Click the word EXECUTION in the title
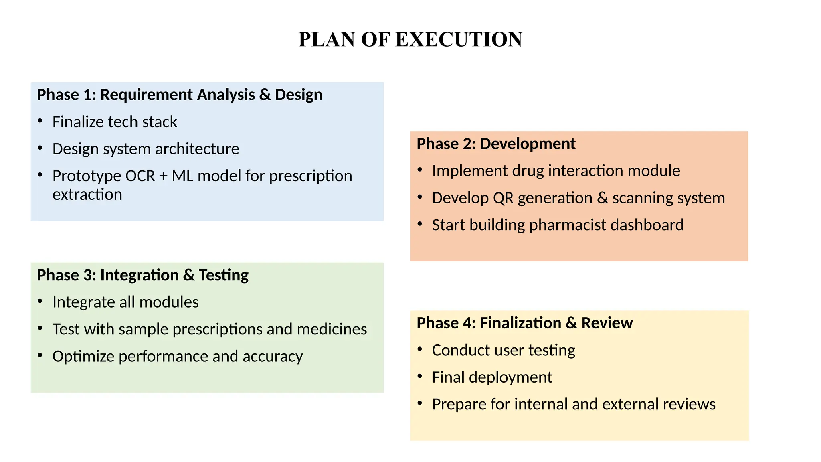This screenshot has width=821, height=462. (x=459, y=40)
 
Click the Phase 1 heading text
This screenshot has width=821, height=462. (x=179, y=95)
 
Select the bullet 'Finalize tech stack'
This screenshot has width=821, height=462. (x=115, y=122)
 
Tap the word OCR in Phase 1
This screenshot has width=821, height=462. (x=140, y=176)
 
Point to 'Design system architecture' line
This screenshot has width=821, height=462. (x=146, y=149)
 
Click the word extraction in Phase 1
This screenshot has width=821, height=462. (x=87, y=195)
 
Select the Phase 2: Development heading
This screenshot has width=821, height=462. (x=496, y=144)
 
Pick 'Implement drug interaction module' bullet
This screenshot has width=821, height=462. (x=556, y=171)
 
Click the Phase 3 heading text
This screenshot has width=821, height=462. (x=143, y=276)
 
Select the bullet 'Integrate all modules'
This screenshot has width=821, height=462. (x=125, y=302)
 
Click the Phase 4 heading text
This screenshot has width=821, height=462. (x=524, y=323)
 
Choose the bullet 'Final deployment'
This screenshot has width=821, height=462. (x=492, y=377)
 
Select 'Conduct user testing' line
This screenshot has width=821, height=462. (x=504, y=351)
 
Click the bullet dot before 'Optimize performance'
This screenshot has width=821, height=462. (x=40, y=355)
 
